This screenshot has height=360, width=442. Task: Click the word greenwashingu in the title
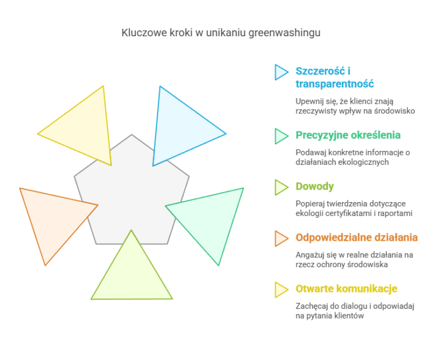(284, 33)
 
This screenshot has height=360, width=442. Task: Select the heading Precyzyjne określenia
(348, 135)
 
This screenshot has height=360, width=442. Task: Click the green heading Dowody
(315, 187)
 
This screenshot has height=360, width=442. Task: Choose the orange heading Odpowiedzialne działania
(357, 237)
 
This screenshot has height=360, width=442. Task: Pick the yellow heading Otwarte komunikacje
(346, 289)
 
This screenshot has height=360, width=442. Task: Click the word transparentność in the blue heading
(334, 84)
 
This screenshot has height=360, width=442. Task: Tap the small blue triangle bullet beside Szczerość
(281, 72)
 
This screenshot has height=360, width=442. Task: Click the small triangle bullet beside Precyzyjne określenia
(281, 137)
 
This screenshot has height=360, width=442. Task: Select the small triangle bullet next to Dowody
(281, 187)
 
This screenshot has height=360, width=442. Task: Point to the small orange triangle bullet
(281, 238)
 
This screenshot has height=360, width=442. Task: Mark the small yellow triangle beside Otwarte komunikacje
(281, 290)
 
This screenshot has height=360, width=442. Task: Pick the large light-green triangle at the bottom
(132, 276)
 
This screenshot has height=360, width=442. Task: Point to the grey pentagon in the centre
(132, 198)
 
